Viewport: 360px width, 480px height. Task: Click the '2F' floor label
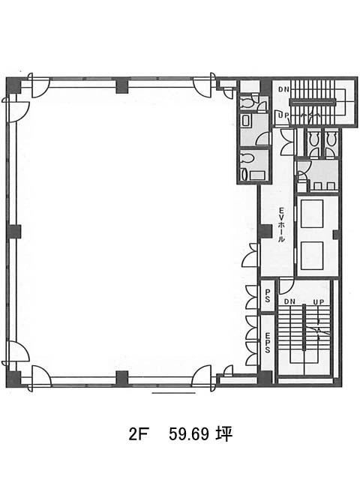136,433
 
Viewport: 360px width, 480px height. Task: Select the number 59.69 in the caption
189,433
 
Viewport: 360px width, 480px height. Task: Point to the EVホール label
281,224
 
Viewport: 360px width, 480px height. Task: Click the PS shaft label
267,296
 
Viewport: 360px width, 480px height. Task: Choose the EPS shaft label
267,342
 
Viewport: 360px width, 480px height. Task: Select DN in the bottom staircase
289,301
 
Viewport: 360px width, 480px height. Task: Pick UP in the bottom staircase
319,301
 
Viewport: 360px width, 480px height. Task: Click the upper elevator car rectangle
312,214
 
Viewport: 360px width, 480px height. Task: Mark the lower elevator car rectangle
312,256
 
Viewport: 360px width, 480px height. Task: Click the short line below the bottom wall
173,393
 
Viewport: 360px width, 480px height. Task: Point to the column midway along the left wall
13,232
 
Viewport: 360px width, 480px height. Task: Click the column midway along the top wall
122,85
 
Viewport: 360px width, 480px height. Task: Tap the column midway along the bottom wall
122,378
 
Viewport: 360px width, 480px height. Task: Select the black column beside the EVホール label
265,232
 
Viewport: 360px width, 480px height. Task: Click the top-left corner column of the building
13,85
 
